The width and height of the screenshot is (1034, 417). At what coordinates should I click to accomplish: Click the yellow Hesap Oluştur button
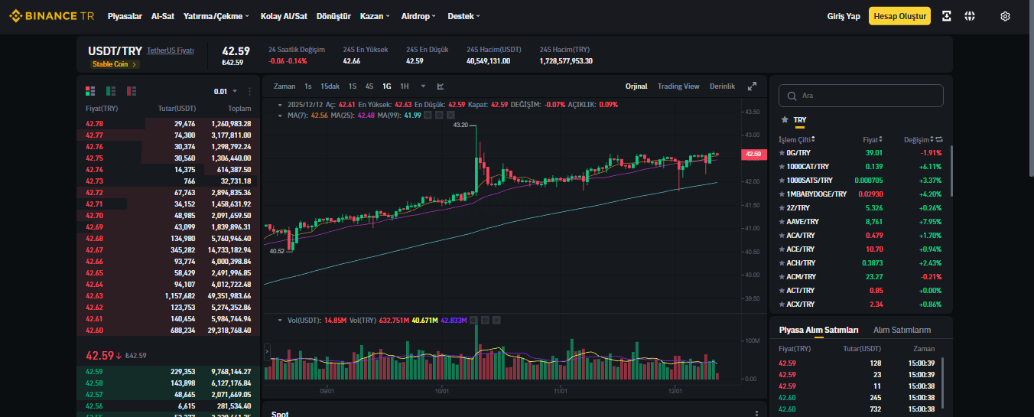(899, 16)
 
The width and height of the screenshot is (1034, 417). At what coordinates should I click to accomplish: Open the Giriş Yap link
(844, 16)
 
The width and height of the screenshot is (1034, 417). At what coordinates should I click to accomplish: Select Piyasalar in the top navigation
(125, 16)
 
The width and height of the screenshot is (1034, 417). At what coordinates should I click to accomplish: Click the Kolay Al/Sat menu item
(284, 16)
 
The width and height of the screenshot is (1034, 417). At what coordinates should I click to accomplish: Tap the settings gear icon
(1005, 16)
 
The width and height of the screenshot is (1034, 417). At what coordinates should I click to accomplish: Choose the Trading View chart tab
(678, 86)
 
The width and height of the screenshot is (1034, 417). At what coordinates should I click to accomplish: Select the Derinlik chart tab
(722, 86)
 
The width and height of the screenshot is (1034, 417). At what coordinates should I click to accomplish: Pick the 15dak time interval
(330, 86)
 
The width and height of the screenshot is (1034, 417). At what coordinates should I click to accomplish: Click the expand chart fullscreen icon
(752, 86)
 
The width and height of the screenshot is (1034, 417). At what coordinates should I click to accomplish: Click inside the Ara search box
(861, 96)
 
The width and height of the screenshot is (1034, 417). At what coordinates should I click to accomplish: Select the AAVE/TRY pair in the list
(802, 222)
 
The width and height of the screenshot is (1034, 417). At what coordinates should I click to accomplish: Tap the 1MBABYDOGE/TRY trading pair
(816, 194)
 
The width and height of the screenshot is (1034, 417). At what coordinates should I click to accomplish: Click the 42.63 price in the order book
(94, 296)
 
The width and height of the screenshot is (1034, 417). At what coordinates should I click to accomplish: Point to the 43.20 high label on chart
(460, 125)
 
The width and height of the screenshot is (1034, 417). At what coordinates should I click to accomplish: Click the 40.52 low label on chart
(277, 251)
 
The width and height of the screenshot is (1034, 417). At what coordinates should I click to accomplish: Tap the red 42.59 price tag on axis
(753, 155)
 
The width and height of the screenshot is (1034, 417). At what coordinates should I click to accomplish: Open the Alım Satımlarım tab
(902, 330)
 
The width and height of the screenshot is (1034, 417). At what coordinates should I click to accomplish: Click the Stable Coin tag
(113, 64)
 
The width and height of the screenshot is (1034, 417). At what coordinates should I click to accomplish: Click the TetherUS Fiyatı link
(170, 50)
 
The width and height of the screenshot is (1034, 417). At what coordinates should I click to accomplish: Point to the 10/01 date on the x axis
(442, 391)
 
